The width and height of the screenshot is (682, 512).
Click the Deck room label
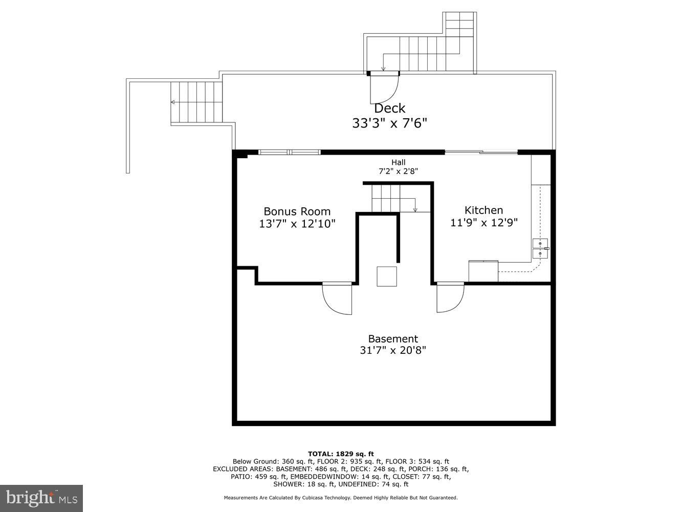(389, 108)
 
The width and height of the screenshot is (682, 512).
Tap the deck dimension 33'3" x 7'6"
(389, 123)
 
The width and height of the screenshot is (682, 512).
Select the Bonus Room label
(297, 211)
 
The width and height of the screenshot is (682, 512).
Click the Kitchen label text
(483, 210)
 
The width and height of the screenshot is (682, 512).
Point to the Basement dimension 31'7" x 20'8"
(393, 350)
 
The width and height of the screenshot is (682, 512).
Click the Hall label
(398, 162)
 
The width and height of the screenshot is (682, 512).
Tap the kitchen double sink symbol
(540, 248)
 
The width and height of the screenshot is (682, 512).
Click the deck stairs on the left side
(196, 102)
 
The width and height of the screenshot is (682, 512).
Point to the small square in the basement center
(387, 276)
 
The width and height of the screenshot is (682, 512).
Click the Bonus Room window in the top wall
(289, 152)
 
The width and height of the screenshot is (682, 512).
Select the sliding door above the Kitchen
(481, 152)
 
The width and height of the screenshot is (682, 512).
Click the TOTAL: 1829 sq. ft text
(341, 454)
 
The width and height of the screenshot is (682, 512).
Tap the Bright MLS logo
(41, 498)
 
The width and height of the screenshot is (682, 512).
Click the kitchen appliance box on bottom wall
(483, 271)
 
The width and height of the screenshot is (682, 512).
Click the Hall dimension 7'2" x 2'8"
(398, 172)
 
